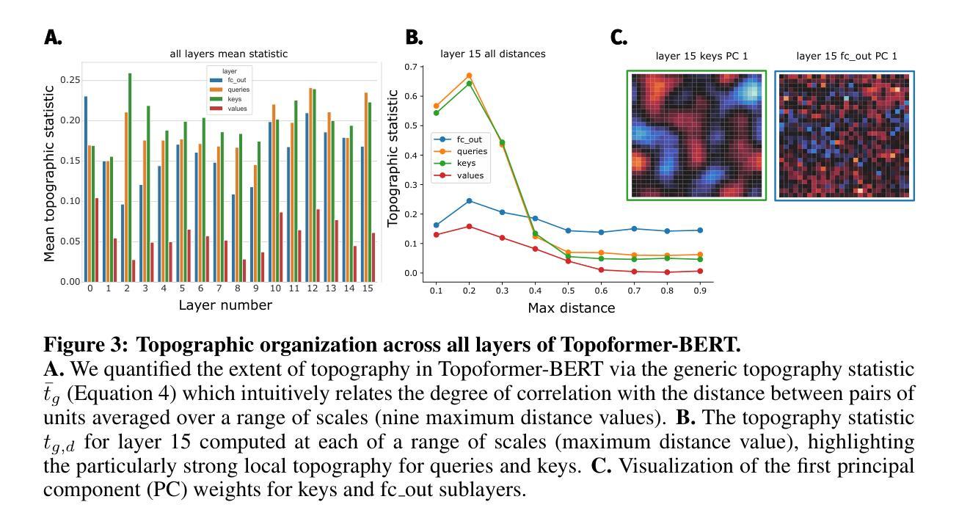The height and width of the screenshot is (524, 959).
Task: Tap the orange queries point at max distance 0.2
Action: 469,76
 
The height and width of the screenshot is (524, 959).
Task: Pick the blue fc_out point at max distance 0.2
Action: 469,201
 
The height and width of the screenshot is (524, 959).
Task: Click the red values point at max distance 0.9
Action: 700,271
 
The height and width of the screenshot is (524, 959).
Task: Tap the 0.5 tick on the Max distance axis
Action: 568,291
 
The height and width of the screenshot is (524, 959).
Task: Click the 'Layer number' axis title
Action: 225,305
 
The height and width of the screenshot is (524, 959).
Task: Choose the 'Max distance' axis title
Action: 571,308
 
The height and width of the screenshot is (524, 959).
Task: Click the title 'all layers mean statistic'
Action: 228,54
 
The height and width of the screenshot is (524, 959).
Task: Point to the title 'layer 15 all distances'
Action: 492,54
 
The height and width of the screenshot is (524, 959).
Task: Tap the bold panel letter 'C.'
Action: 619,37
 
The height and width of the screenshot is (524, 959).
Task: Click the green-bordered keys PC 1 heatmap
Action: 696,135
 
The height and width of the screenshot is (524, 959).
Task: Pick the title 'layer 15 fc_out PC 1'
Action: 846,56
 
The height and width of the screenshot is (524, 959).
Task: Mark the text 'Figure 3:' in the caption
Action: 87,344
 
